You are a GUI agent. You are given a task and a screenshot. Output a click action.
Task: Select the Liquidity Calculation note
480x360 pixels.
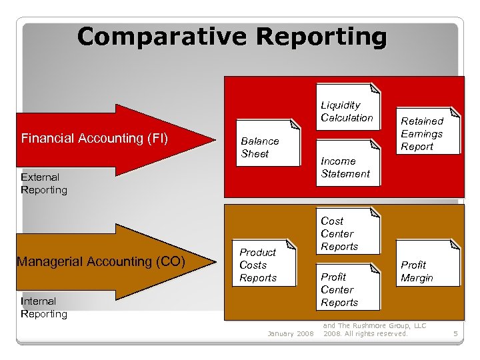click(x=347, y=111)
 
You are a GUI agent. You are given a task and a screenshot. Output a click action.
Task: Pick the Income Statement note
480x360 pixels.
click(x=345, y=167)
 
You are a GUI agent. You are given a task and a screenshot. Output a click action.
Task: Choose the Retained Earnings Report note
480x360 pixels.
click(x=421, y=133)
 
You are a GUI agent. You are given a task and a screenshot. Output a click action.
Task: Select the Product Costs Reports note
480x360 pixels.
click(x=258, y=265)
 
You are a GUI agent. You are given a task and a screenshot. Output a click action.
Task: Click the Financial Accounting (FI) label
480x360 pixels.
click(x=94, y=139)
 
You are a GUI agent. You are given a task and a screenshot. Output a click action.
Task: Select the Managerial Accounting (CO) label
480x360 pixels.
click(x=99, y=261)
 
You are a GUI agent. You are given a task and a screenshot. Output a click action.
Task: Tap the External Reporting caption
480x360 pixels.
click(x=44, y=183)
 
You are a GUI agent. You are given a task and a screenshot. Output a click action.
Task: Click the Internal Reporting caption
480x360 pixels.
click(x=44, y=307)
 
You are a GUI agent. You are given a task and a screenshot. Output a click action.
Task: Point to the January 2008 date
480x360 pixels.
click(x=290, y=333)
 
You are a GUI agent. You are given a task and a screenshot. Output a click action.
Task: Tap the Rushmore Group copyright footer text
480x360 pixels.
click(x=374, y=329)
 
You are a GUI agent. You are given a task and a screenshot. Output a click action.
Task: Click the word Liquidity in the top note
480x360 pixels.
click(x=340, y=105)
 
